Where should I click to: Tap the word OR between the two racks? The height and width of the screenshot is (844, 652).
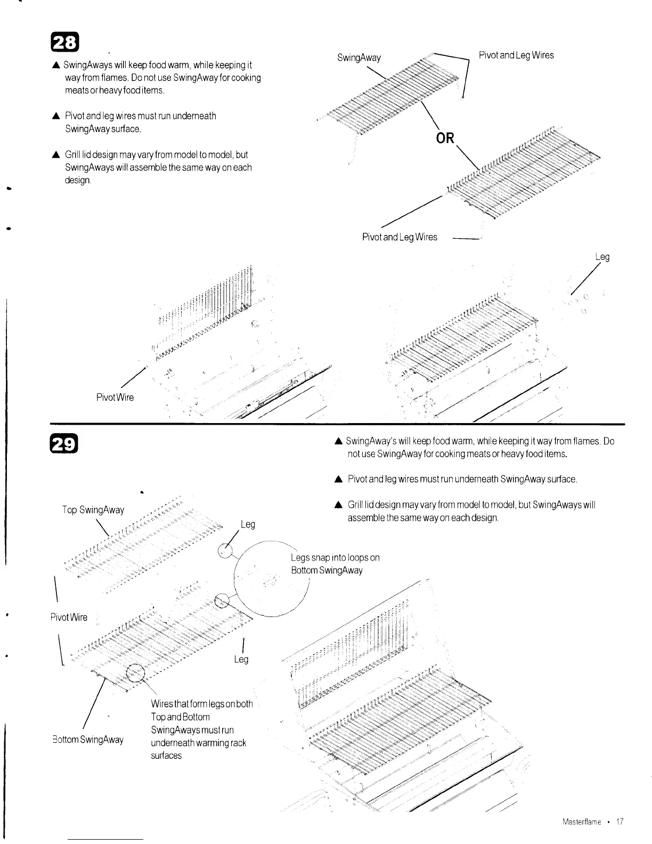point(445,138)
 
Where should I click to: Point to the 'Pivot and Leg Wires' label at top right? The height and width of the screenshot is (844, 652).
point(516,55)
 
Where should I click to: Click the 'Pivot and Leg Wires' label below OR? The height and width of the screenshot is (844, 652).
point(400,237)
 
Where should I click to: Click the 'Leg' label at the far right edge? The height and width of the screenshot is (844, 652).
point(602,257)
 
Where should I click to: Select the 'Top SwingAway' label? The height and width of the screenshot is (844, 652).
point(93,510)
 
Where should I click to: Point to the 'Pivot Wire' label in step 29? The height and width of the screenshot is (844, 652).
point(69,618)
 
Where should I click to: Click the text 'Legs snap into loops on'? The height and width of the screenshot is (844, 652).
point(335,558)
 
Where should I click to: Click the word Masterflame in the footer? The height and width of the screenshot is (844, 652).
point(582,822)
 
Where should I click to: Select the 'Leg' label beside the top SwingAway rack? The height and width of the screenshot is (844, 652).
point(248,524)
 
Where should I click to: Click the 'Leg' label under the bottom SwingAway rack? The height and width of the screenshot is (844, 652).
point(241,660)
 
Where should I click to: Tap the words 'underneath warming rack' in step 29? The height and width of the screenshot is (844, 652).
point(199,743)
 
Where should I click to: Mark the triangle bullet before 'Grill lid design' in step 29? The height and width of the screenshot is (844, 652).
point(338,505)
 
